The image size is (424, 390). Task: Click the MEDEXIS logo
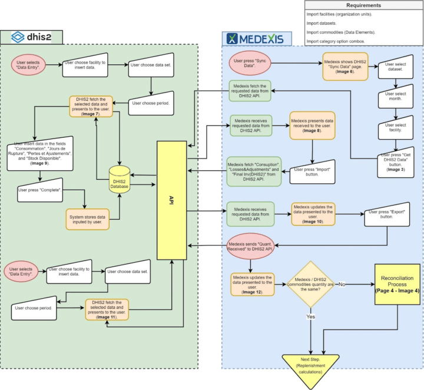coord(255,39)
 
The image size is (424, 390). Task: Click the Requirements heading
coord(363,5)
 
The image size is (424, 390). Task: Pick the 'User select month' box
coord(397,98)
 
